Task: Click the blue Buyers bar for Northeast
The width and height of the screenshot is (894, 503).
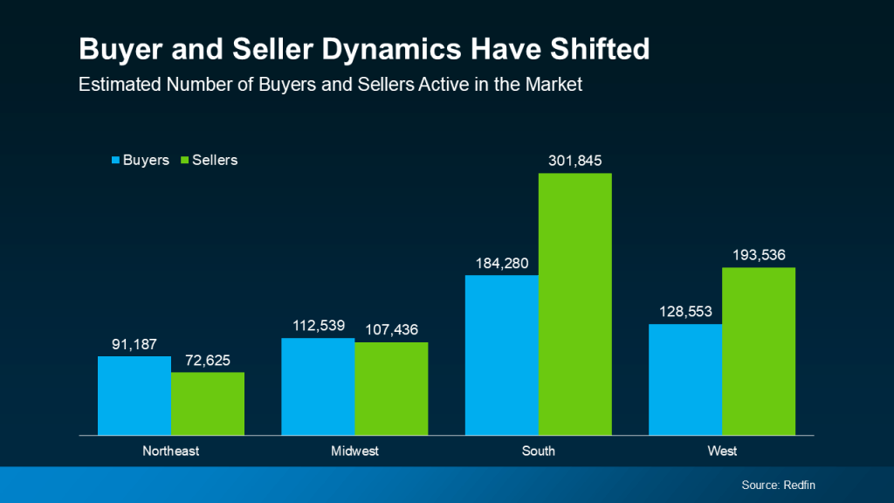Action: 134,396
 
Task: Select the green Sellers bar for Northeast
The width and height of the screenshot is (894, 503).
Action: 208,403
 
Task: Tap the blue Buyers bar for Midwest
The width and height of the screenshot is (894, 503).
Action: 318,386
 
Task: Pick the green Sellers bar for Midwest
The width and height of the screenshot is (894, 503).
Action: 391,389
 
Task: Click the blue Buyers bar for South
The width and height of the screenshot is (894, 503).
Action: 501,355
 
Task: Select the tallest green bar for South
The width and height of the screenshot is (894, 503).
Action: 574,304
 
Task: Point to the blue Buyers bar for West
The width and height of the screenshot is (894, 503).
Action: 684,380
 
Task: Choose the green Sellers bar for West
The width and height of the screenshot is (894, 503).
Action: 759,351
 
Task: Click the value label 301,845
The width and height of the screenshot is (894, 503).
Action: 574,161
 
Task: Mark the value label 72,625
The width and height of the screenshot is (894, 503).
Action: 208,360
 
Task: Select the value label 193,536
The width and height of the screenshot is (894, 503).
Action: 759,255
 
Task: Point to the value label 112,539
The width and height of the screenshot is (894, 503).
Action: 318,325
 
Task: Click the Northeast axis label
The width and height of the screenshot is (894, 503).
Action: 171,451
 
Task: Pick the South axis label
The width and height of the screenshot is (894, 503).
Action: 538,451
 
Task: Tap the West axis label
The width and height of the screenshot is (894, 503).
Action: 722,451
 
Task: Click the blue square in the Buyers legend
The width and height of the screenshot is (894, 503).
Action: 115,161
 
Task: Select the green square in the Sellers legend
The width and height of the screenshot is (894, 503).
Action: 184,161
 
